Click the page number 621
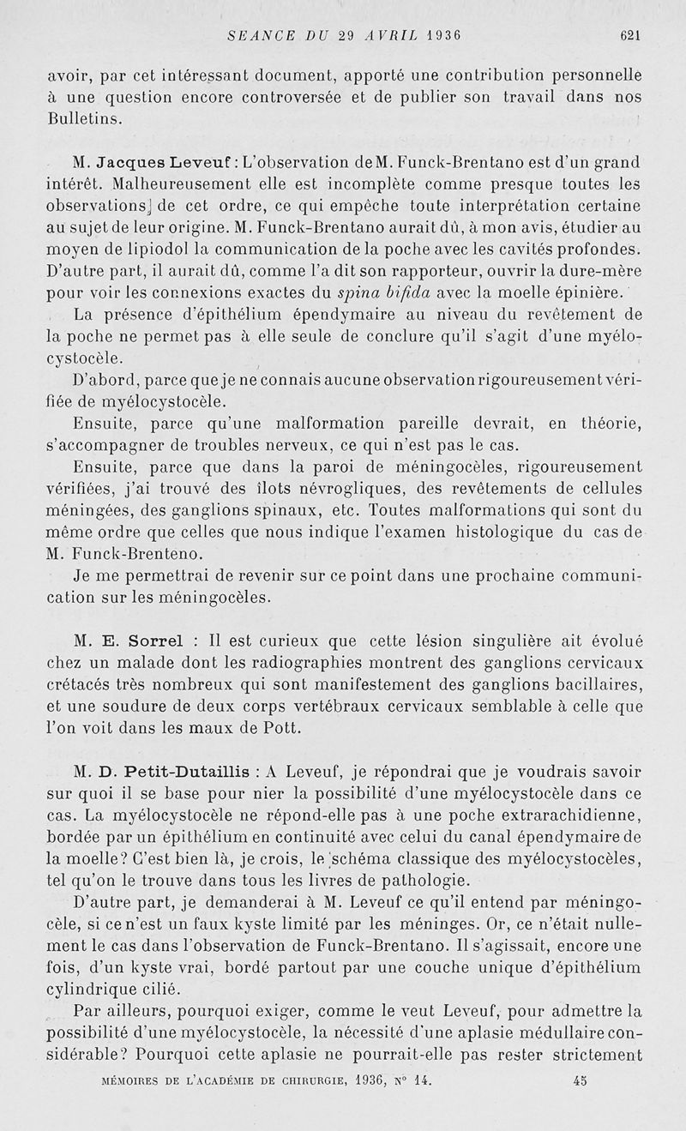click(x=630, y=35)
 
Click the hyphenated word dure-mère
click(x=600, y=272)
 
